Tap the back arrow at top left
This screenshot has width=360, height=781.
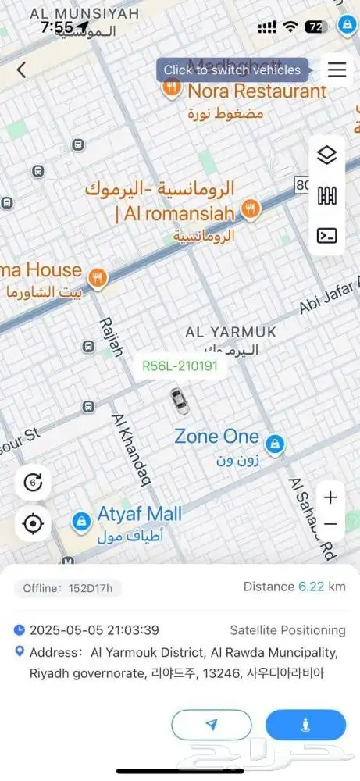point(21,70)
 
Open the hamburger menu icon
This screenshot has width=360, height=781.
point(337,70)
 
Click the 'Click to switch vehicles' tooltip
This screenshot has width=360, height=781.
point(232,70)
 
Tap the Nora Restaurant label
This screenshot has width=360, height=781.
point(256,91)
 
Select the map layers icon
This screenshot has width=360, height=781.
point(327,155)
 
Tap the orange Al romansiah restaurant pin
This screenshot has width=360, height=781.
point(250,208)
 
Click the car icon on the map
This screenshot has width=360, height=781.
point(180,401)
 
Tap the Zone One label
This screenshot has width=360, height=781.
point(216,436)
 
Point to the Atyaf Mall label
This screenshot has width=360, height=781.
point(139,514)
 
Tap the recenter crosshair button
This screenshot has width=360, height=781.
point(33,523)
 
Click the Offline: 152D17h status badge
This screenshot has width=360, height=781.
point(68,587)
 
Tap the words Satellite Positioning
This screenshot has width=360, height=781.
point(287,630)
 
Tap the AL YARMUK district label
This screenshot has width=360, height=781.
point(231,332)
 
